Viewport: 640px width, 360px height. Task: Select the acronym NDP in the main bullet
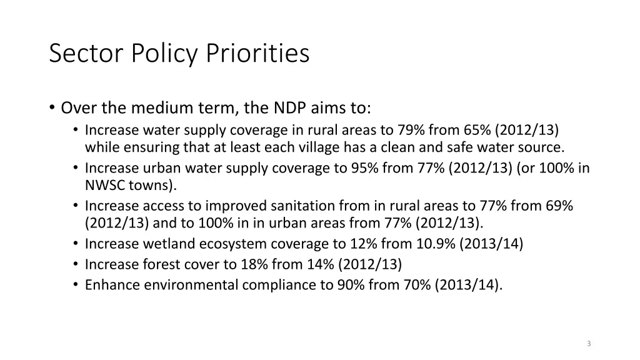[288, 108]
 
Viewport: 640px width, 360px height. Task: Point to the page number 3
[589, 344]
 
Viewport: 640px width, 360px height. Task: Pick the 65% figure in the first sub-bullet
[478, 130]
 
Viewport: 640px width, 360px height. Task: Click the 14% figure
[321, 264]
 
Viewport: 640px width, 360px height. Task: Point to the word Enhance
[112, 285]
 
